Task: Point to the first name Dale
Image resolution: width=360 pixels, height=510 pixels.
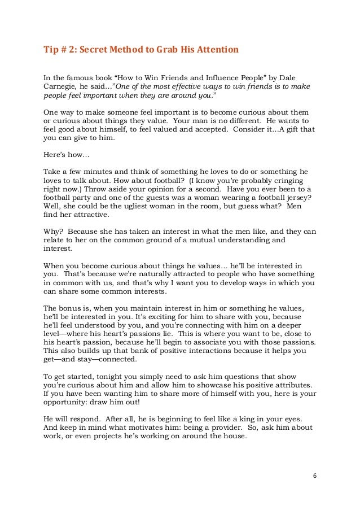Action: [x=287, y=77]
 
